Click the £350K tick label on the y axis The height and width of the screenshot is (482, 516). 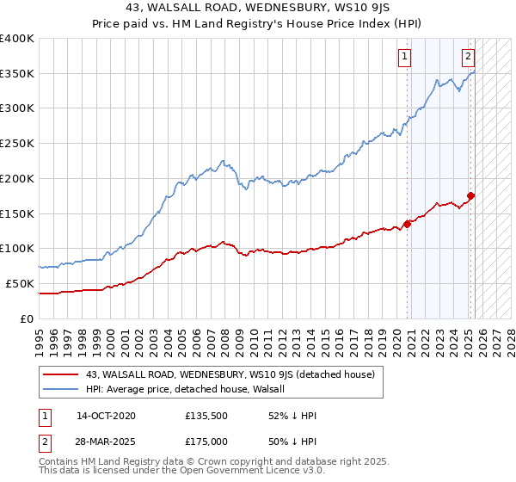(x=17, y=74)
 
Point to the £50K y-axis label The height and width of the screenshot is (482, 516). (x=20, y=283)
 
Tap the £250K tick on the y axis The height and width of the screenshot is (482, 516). (x=17, y=144)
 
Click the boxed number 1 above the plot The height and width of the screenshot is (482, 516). (x=404, y=58)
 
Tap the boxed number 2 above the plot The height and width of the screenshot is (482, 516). (x=468, y=58)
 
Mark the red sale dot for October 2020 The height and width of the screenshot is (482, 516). (x=407, y=224)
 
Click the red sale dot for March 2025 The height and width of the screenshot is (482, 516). (x=470, y=196)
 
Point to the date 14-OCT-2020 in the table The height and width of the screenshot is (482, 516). (x=106, y=416)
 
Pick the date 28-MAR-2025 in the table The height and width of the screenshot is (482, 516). (x=106, y=441)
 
